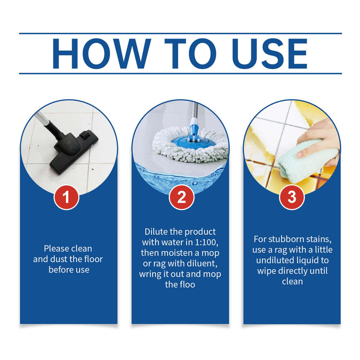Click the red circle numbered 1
click(66, 197)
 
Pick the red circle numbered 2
click(181, 197)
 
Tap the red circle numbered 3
click(292, 197)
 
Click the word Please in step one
click(56, 248)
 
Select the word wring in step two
click(150, 274)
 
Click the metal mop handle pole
click(194, 110)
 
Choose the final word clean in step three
click(292, 282)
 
